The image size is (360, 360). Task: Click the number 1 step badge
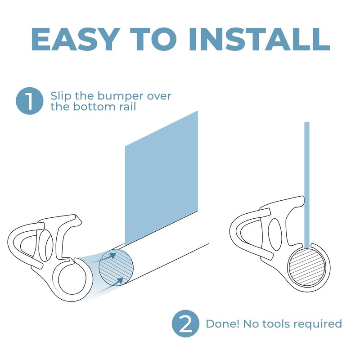29,102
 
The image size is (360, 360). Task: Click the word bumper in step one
114,96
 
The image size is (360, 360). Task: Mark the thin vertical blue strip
307,180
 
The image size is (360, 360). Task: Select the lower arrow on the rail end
120,281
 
